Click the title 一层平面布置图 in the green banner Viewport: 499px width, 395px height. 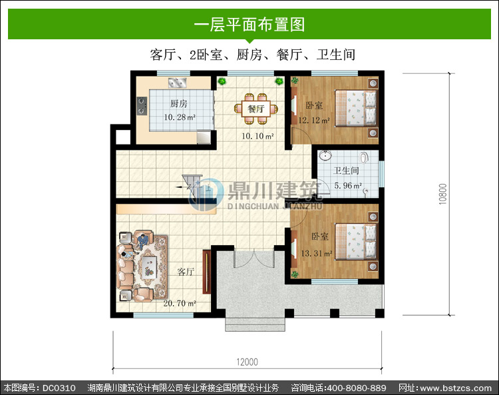coord(249,24)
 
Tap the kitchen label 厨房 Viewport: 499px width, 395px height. coord(179,103)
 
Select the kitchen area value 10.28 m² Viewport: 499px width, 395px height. coord(180,117)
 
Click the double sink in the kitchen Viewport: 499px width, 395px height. coord(177,83)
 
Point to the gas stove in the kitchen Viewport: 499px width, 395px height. coord(142,106)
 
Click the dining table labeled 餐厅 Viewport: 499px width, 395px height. coord(256,109)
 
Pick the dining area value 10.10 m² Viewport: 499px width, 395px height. coord(257,137)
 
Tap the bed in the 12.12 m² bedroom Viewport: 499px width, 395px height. coord(356,108)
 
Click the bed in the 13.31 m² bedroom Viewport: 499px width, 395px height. coord(356,241)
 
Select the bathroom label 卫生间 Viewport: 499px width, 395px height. coord(346,171)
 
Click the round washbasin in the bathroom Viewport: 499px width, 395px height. coord(325,156)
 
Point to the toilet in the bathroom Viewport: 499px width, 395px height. coord(365,157)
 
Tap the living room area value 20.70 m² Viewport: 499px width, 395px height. coord(180,303)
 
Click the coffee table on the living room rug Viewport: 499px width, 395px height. coord(149,268)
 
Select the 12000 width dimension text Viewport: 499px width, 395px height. coord(247,362)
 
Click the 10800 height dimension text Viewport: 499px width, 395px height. coord(442,194)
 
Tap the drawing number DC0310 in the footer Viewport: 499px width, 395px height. coord(59,388)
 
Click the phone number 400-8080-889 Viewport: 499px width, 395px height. coord(357,388)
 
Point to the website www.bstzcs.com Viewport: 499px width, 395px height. coord(456,388)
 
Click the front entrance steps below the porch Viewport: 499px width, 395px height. coord(255,324)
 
